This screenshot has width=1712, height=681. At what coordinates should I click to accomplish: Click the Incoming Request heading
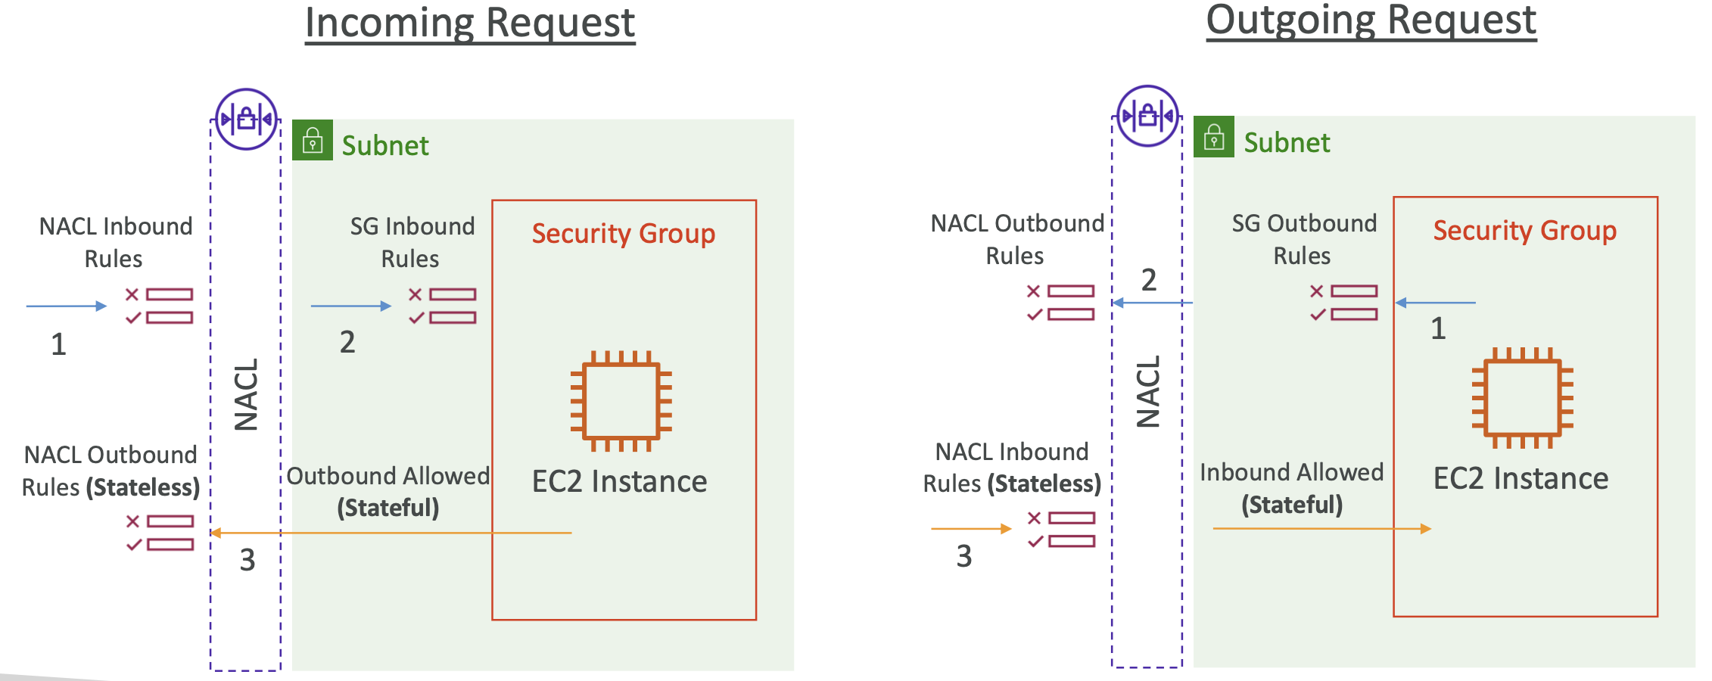click(x=470, y=23)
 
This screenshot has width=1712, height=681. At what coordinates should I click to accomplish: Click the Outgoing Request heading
click(x=1371, y=20)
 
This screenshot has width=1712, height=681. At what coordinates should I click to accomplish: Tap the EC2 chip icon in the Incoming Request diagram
click(x=621, y=401)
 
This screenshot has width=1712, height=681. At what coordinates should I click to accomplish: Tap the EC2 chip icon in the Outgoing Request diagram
click(x=1522, y=398)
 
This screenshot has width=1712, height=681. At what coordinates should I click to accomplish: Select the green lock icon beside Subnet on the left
click(x=313, y=141)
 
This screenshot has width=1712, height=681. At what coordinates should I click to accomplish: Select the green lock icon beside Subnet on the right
click(x=1214, y=138)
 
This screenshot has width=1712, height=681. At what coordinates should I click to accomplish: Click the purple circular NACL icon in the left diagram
click(x=246, y=120)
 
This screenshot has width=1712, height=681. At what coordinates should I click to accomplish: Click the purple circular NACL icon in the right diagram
click(x=1147, y=117)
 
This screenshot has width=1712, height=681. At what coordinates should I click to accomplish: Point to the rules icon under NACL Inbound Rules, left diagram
click(x=160, y=306)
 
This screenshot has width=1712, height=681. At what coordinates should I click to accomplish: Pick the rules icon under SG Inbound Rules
click(x=443, y=306)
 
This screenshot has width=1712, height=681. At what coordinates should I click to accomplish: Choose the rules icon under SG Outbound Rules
click(x=1344, y=303)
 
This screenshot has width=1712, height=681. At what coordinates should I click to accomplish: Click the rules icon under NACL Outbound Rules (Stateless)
click(x=160, y=533)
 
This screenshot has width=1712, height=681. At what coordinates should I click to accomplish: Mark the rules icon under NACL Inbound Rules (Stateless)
click(x=1062, y=530)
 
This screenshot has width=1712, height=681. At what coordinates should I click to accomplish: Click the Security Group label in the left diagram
click(x=623, y=234)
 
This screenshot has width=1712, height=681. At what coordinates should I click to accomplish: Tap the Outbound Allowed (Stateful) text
click(x=388, y=492)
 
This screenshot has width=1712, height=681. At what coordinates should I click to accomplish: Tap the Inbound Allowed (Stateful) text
click(x=1291, y=489)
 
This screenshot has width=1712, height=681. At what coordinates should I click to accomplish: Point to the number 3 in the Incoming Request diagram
click(x=247, y=561)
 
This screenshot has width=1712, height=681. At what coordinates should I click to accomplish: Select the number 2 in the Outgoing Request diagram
click(x=1149, y=281)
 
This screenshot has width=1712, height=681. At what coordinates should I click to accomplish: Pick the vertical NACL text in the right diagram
click(x=1148, y=392)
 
